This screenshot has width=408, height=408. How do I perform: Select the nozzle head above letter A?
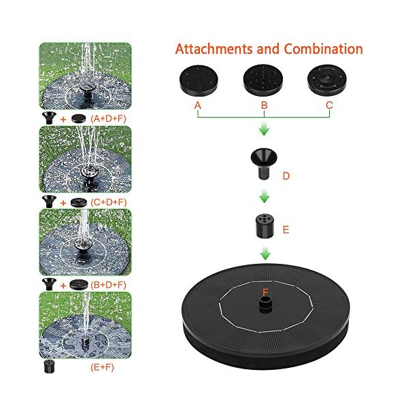coord(197,80)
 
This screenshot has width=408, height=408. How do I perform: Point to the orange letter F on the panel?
coord(265,293)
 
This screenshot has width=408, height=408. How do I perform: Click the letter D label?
coord(286,176)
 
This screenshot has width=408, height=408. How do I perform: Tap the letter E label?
coord(286,230)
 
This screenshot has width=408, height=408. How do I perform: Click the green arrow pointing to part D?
coord(262,130)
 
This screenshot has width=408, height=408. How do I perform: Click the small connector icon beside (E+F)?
coord(48,367)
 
